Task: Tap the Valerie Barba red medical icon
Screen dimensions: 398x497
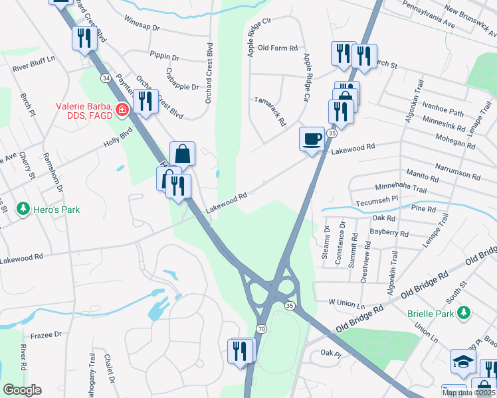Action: pos(122,109)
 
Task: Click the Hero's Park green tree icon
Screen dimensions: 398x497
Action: pos(24,210)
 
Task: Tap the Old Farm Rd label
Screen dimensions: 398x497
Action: pos(278,48)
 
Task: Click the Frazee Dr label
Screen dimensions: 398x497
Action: pos(45,336)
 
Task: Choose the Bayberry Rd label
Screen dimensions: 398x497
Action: pos(390,233)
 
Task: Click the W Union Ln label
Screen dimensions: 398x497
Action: pos(348,302)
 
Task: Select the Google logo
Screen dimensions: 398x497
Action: pos(23,389)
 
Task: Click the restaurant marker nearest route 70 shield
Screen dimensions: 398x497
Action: pos(240,350)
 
